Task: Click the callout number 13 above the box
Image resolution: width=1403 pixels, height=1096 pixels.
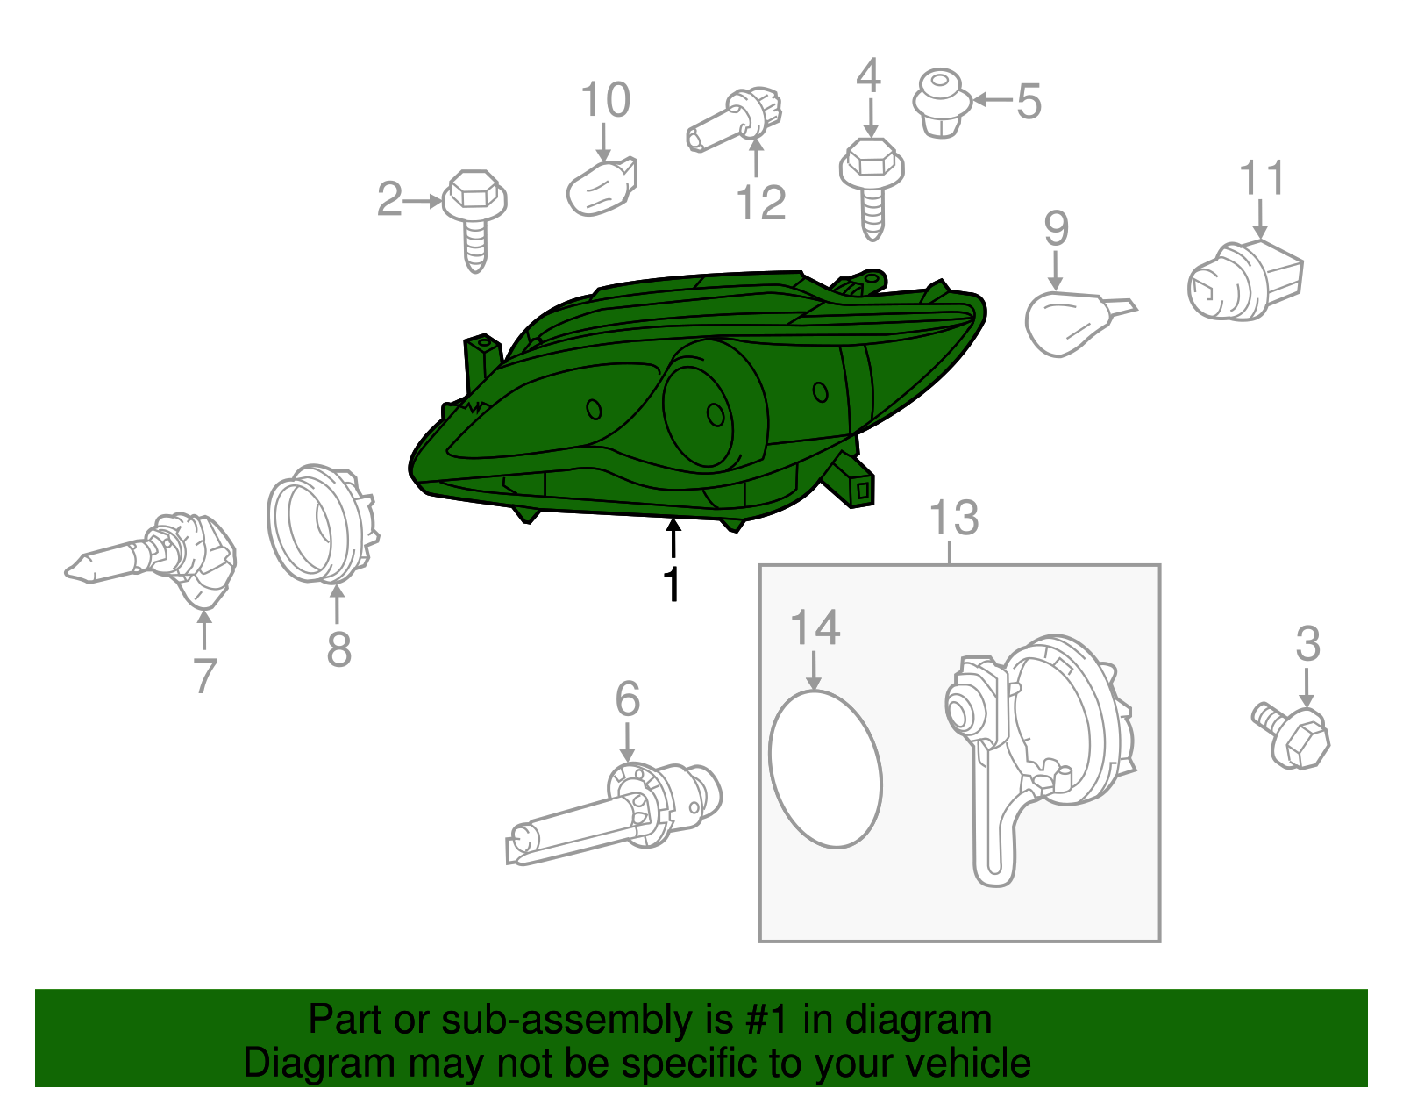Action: click(x=954, y=518)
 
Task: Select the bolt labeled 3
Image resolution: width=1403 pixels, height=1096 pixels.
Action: click(x=1291, y=735)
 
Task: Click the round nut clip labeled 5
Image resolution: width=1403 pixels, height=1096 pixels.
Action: click(x=942, y=103)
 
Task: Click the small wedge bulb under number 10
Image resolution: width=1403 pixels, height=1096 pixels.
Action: click(x=602, y=187)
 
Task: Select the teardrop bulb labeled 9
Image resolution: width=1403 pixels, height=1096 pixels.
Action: click(x=1076, y=323)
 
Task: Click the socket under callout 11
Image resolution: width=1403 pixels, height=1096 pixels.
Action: click(x=1244, y=280)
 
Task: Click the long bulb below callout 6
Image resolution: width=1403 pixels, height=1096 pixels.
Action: click(x=614, y=813)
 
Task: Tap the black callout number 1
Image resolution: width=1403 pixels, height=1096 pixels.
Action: click(x=673, y=584)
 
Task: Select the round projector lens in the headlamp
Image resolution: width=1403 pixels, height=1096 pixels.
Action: click(x=698, y=414)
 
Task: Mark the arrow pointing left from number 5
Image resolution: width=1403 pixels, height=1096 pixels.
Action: click(x=993, y=100)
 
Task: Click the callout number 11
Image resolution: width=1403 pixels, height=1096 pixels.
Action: click(x=1262, y=177)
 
